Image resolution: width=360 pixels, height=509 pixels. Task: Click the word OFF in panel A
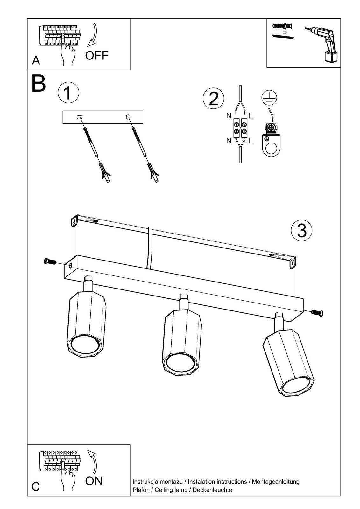click(x=96, y=55)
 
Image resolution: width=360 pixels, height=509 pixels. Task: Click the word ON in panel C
click(x=94, y=481)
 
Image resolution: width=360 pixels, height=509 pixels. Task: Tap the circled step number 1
click(x=68, y=93)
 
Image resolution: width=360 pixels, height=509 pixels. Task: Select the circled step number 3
click(x=301, y=230)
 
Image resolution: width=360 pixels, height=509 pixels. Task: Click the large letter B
click(x=39, y=84)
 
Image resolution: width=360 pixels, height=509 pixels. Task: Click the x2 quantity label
click(x=285, y=32)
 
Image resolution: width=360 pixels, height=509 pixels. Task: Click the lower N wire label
click(x=229, y=141)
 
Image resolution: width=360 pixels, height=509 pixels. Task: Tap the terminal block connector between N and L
click(x=240, y=128)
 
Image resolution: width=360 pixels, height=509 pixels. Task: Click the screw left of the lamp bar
click(x=49, y=261)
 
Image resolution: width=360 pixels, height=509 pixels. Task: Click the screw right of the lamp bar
click(x=317, y=313)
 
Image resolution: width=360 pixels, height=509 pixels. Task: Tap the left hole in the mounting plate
click(x=79, y=117)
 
